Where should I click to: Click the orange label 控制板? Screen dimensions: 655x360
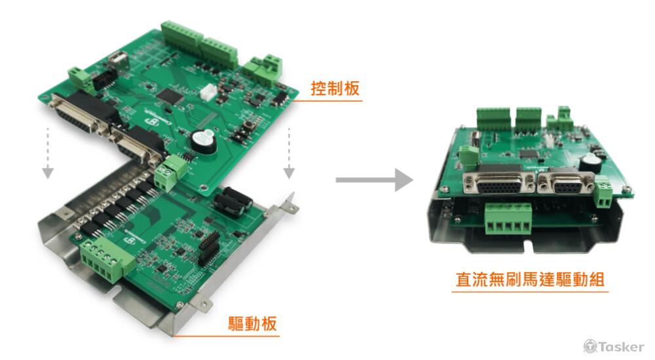pyautogui.click(x=335, y=88)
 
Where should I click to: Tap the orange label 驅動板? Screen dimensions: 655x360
pyautogui.click(x=252, y=323)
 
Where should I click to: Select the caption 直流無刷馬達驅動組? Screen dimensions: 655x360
pyautogui.click(x=530, y=279)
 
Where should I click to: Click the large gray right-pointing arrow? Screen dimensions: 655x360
pyautogui.click(x=374, y=180)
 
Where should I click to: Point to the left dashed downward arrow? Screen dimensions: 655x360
pyautogui.click(x=48, y=153)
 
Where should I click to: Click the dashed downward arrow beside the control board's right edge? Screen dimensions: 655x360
pyautogui.click(x=289, y=153)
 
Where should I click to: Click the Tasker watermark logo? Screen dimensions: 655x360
pyautogui.click(x=614, y=346)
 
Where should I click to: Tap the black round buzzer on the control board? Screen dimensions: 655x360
pyautogui.click(x=204, y=141)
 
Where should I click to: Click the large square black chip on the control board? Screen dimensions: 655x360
pyautogui.click(x=170, y=96)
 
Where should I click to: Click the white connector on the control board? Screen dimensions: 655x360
pyautogui.click(x=208, y=92)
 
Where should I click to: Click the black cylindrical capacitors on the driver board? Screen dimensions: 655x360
pyautogui.click(x=233, y=202)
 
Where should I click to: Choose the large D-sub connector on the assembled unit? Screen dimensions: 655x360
pyautogui.click(x=499, y=181)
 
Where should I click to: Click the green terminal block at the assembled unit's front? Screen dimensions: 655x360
pyautogui.click(x=508, y=219)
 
